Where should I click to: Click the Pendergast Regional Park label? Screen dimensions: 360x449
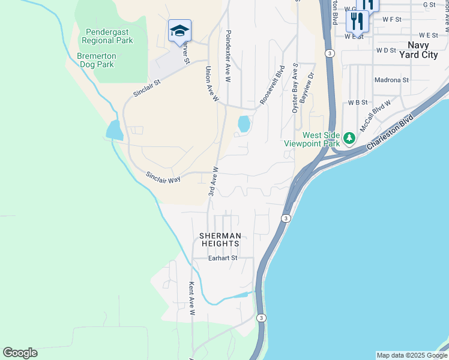click(x=109, y=36)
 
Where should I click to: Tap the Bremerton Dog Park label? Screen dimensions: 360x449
click(x=96, y=60)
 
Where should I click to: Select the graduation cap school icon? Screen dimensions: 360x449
click(x=179, y=31)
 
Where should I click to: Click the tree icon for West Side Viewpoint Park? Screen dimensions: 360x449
click(x=349, y=139)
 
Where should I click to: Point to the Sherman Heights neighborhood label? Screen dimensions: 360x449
click(x=220, y=239)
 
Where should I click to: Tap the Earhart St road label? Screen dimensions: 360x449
click(x=223, y=258)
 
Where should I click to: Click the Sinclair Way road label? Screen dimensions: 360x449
click(x=163, y=178)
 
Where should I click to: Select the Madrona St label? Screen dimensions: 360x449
click(x=391, y=80)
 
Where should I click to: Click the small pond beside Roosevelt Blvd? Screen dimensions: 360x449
click(x=244, y=124)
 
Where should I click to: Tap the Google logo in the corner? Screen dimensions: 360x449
click(x=20, y=353)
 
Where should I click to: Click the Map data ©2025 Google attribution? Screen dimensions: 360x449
click(x=412, y=355)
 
